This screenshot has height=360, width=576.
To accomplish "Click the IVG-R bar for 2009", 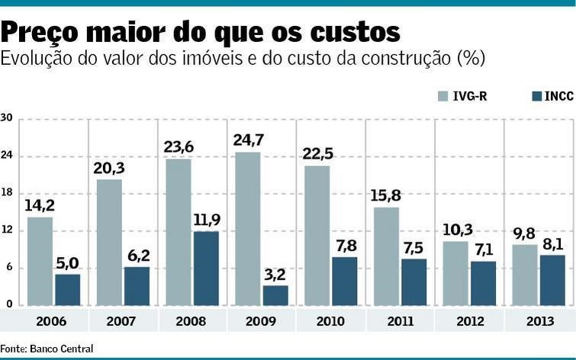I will pos(248,229).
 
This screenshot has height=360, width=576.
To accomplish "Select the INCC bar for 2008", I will pos(206,268).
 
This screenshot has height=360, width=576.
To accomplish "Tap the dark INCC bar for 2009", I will pos(275,295).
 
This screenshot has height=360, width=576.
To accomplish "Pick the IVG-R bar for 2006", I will pos(40,261).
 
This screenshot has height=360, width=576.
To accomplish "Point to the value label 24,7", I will pos(248,140).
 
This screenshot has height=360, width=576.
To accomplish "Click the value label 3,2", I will pos(275,274).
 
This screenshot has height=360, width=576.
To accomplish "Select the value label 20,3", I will pos(109,167).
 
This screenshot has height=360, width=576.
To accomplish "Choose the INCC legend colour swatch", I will pos(536,96).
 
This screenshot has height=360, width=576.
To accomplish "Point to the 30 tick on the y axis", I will pos(7,118).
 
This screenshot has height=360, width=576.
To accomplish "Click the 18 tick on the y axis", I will pos(7,193).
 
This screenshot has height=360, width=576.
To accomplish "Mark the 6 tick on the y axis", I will pos(7,268).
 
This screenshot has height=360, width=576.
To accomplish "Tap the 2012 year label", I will pos(469,321).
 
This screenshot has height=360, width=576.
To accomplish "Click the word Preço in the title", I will pos(47,33).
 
